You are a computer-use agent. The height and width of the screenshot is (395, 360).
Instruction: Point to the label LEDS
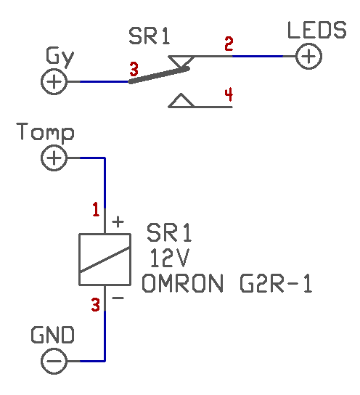click(x=317, y=30)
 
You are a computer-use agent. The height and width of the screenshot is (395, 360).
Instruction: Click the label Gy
click(x=60, y=57)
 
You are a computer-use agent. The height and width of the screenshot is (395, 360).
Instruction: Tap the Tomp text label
click(x=45, y=132)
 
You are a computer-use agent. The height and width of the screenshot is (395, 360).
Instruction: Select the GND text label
click(x=52, y=335)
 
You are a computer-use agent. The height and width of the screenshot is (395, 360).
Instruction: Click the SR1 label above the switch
click(x=149, y=36)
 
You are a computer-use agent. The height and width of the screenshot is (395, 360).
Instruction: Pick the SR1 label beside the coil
click(x=169, y=233)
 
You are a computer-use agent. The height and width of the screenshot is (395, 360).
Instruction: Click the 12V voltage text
click(x=169, y=258)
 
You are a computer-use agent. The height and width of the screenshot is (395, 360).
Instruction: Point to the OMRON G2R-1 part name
click(x=227, y=283)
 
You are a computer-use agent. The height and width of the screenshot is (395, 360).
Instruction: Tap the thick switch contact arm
click(x=159, y=75)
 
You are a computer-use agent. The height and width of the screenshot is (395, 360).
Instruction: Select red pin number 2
click(x=229, y=44)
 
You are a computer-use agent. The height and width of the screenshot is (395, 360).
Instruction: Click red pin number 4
click(x=229, y=94)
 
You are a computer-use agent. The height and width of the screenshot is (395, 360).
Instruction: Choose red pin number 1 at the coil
click(x=96, y=209)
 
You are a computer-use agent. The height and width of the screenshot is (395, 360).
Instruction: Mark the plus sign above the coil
click(x=118, y=222)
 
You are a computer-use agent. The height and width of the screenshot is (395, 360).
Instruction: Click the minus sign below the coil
click(x=118, y=298)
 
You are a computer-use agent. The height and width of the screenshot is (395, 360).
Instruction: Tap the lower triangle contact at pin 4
click(x=181, y=101)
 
